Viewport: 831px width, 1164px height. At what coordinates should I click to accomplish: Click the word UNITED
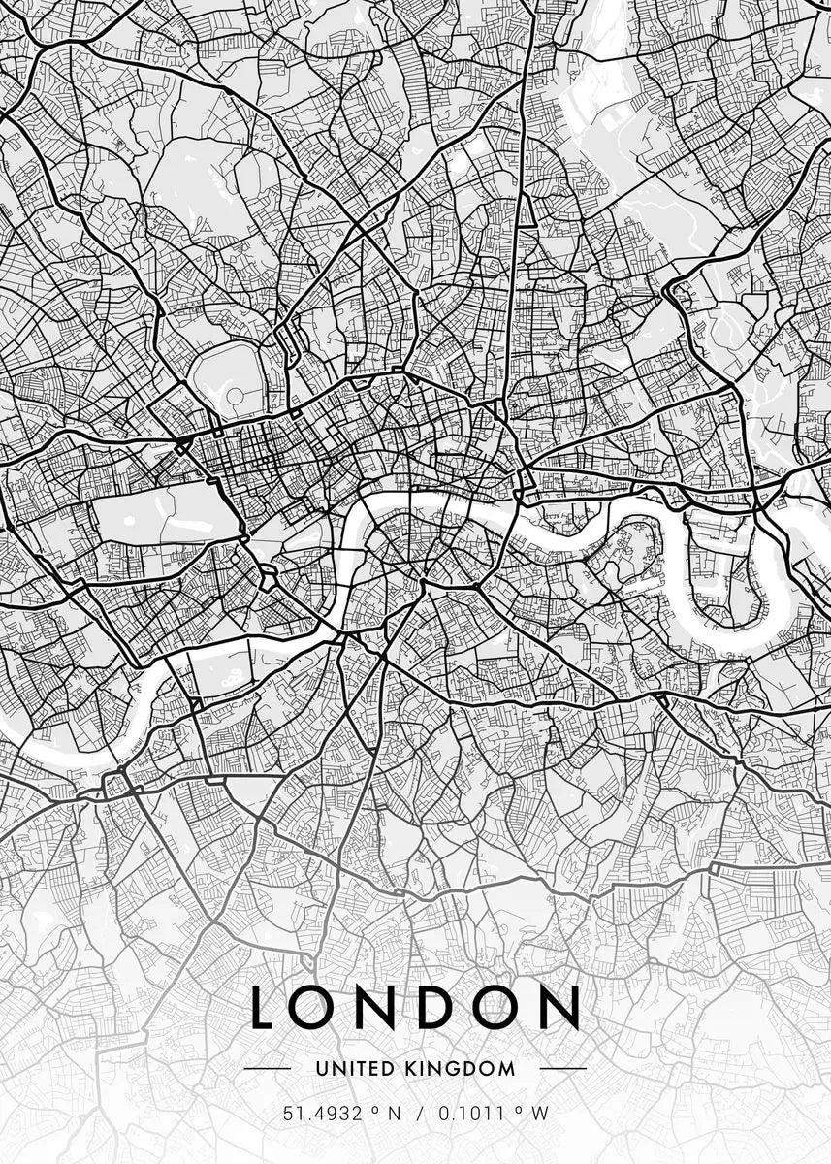[x=353, y=1068]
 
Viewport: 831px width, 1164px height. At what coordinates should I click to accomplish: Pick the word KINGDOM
[x=460, y=1068]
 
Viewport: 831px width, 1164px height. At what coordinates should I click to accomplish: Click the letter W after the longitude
[x=539, y=1113]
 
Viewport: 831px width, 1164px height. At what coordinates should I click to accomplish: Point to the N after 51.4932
[x=393, y=1113]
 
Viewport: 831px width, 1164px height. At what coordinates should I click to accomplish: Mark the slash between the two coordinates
[x=419, y=1113]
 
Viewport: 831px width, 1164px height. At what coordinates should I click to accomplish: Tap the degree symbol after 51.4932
[x=371, y=1111]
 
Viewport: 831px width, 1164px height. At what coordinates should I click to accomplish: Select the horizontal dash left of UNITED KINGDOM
[x=269, y=1068]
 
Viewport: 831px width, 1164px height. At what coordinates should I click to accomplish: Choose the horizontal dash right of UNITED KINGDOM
[x=561, y=1068]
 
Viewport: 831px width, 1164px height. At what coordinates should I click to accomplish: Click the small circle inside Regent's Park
[x=233, y=397]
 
